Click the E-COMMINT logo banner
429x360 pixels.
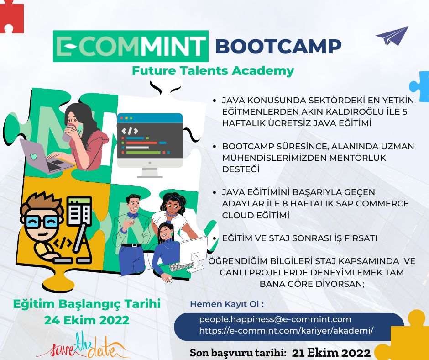131,46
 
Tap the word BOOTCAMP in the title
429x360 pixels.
278,46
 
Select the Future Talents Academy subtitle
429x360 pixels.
213,71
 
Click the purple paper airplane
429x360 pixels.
392,36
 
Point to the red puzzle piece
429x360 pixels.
11,16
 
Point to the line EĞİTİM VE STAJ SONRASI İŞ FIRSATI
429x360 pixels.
299,238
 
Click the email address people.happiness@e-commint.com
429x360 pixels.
275,319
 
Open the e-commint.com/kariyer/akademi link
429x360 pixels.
286,331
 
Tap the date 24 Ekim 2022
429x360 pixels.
87,320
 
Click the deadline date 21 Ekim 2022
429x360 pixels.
331,353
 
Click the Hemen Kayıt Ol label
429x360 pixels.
227,304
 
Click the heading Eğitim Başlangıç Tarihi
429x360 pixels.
87,304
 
